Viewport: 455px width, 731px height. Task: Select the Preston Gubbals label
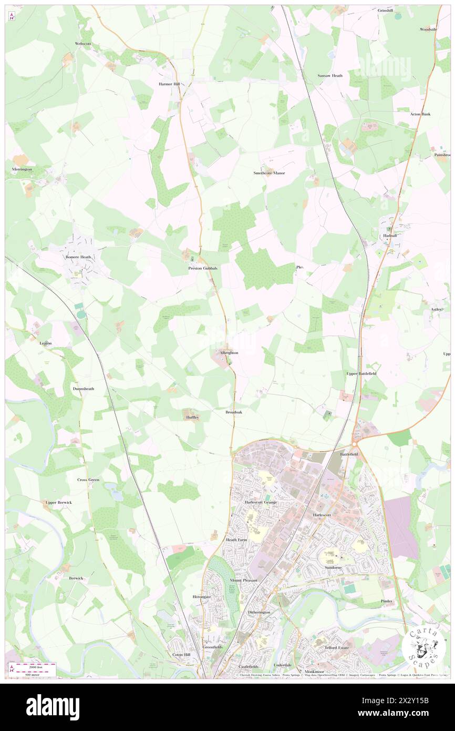[203, 268]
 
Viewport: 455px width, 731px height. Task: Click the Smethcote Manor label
[269, 173]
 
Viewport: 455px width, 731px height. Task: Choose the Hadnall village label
[390, 236]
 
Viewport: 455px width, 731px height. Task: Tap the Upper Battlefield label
[361, 373]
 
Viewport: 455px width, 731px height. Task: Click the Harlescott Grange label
[261, 502]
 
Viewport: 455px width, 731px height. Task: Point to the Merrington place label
[22, 169]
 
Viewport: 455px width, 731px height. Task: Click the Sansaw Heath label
[330, 76]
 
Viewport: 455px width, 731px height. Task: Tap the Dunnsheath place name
[83, 389]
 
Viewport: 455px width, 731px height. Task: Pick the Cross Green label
[88, 480]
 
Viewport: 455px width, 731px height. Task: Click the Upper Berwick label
[58, 502]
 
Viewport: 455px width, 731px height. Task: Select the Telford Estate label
[337, 647]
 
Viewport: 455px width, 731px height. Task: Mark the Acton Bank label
[420, 114]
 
